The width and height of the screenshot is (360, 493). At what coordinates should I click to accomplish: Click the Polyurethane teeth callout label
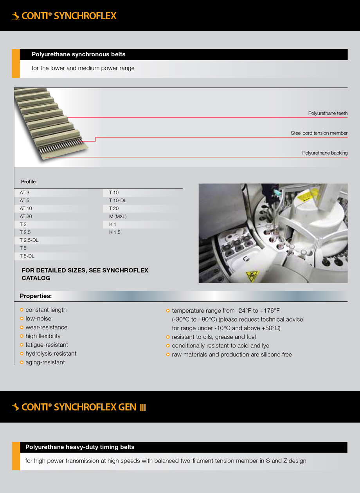point(328,113)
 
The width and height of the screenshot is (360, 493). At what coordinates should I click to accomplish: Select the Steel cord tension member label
point(319,133)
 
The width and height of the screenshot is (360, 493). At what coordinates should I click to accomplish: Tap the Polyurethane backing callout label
point(325,153)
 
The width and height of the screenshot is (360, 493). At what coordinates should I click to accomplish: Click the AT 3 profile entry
point(25,193)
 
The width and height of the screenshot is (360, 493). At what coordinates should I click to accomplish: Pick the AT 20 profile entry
point(26,216)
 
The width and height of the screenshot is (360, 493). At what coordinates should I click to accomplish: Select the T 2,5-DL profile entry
point(29,240)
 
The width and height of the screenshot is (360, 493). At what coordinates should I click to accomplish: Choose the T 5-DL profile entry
point(27,256)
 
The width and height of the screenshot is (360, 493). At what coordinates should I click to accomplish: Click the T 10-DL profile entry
point(118,200)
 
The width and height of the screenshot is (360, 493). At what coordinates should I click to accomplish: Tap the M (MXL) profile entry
point(118,216)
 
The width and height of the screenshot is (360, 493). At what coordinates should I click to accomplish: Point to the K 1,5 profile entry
point(115,232)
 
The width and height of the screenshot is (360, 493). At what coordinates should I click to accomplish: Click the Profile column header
point(28,182)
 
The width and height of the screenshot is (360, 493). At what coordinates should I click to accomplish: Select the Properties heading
point(36,296)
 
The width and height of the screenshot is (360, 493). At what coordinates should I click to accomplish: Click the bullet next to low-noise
point(22,319)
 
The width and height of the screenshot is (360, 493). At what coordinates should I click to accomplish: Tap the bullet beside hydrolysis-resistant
point(22,354)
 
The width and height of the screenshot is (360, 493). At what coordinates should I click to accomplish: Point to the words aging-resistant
point(45,362)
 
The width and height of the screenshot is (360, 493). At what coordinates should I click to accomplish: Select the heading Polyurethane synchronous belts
point(78,54)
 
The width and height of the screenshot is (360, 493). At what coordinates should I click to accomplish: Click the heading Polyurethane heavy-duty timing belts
point(80,447)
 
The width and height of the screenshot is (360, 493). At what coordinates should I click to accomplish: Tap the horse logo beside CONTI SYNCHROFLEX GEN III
point(16,407)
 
